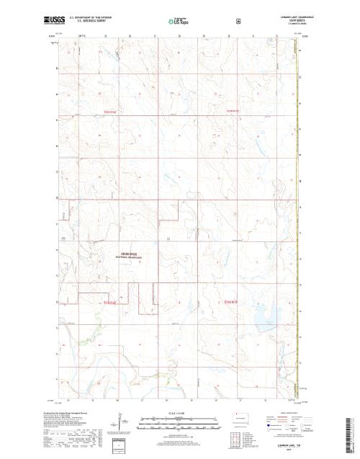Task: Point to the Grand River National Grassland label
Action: point(125,256)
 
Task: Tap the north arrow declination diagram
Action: point(118,421)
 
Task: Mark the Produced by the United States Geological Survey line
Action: point(69,412)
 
